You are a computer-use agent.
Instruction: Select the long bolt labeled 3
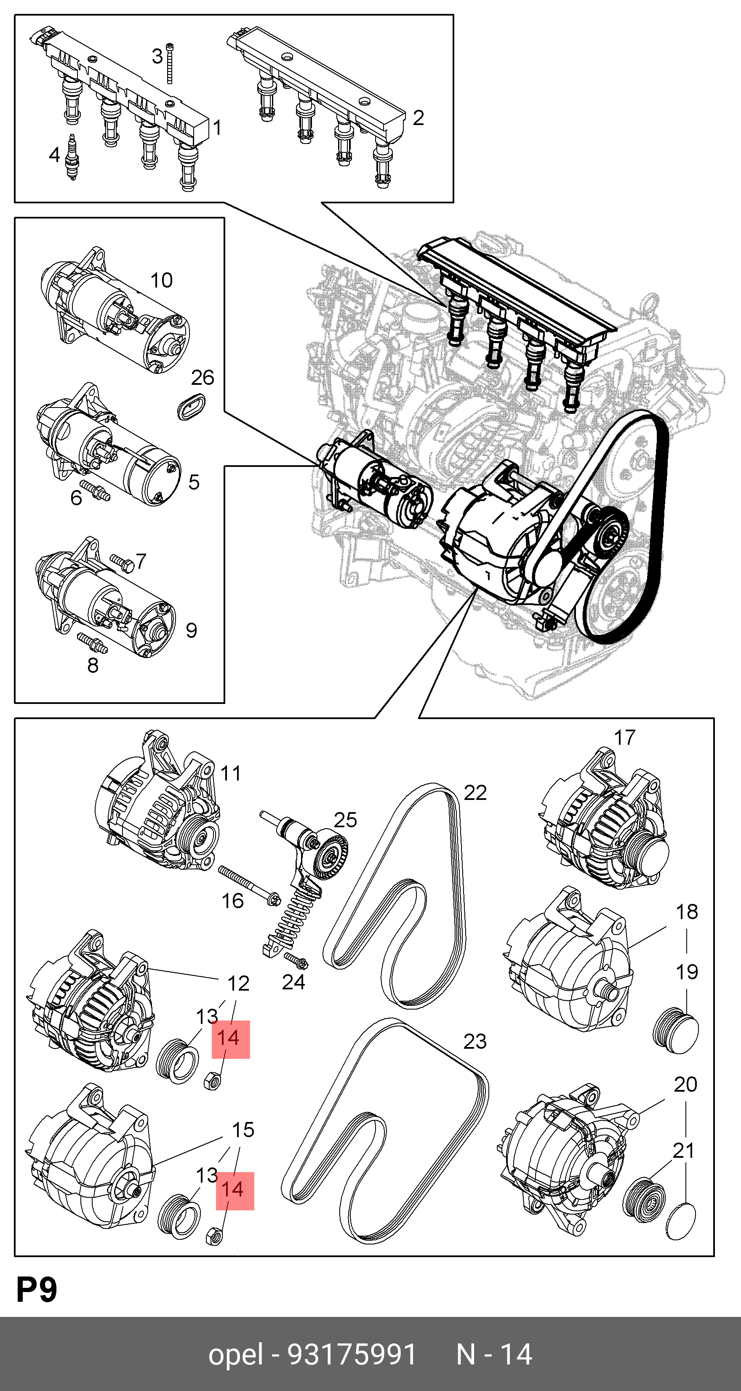(x=170, y=63)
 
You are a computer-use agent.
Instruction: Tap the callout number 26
(x=203, y=378)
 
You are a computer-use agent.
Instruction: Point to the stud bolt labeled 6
(x=95, y=491)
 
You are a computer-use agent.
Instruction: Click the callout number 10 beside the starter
(x=161, y=280)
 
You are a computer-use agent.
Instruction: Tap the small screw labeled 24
(x=296, y=957)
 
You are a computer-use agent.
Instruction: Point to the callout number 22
(x=475, y=792)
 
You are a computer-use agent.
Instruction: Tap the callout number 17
(x=624, y=737)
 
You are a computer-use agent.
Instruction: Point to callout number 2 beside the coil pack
(x=418, y=118)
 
